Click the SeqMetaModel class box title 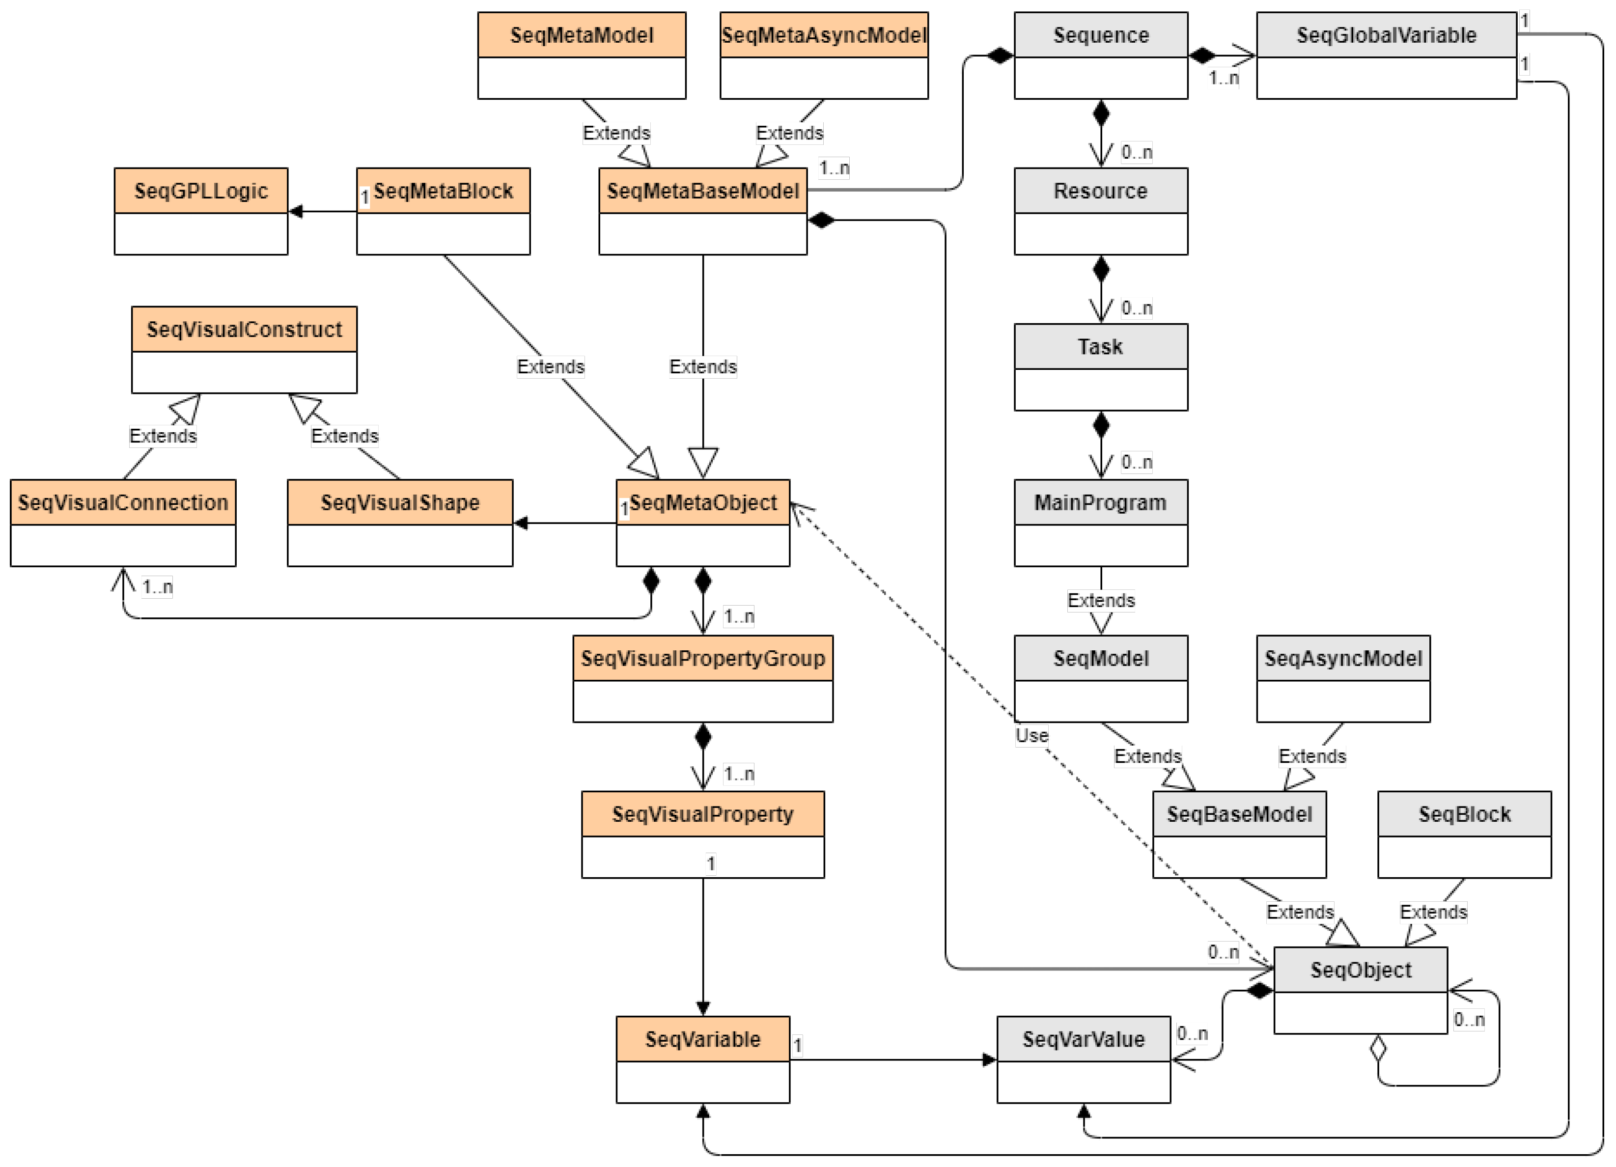click(582, 35)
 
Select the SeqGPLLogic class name click(201, 191)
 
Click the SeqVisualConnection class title click(123, 502)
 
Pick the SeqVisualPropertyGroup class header click(702, 658)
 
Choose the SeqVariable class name click(702, 1039)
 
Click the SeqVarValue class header click(1083, 1039)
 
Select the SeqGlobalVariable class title click(1386, 35)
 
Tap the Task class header click(1100, 347)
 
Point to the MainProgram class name click(1100, 502)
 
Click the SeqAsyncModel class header click(1343, 658)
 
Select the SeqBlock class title click(1464, 814)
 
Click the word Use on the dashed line click(1031, 736)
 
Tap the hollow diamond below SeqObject click(1378, 1049)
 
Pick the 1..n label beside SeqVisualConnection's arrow click(157, 587)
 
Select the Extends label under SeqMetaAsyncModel click(789, 133)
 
